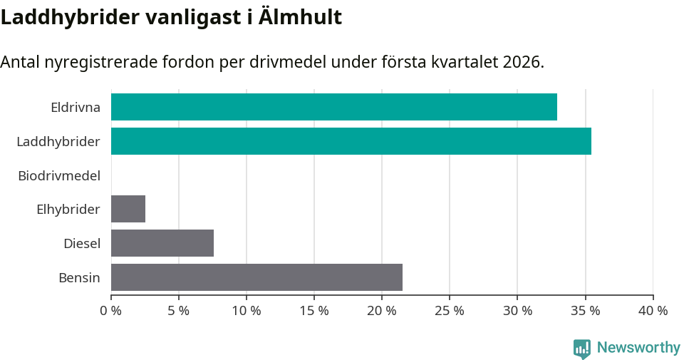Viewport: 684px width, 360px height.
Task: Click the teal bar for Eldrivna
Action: pos(333,107)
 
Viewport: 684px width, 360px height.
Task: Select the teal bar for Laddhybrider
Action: pos(351,141)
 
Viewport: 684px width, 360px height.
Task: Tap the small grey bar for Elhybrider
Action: pos(128,209)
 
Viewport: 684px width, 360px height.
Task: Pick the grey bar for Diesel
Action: pos(162,243)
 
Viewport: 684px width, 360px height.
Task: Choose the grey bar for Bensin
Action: pos(256,277)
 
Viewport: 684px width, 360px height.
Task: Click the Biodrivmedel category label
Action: pos(59,175)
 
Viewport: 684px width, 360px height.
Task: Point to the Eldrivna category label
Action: pos(75,108)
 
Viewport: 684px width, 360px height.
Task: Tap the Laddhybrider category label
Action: pos(58,142)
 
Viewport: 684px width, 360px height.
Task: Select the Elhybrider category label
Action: pos(68,210)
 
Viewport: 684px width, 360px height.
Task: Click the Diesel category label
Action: pos(81,244)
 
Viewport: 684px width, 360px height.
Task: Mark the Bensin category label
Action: pos(79,278)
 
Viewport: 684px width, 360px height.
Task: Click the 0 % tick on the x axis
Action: pos(111,311)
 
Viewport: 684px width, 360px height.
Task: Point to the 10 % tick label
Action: pos(247,311)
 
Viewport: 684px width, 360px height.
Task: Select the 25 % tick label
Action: pos(450,311)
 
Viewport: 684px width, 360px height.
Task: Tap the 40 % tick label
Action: pos(653,311)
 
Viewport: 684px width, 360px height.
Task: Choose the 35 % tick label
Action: pos(585,311)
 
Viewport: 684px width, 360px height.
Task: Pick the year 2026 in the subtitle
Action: pos(522,62)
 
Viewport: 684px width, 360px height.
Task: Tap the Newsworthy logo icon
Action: pos(582,348)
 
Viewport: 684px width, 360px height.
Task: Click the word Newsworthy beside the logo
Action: pos(638,348)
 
